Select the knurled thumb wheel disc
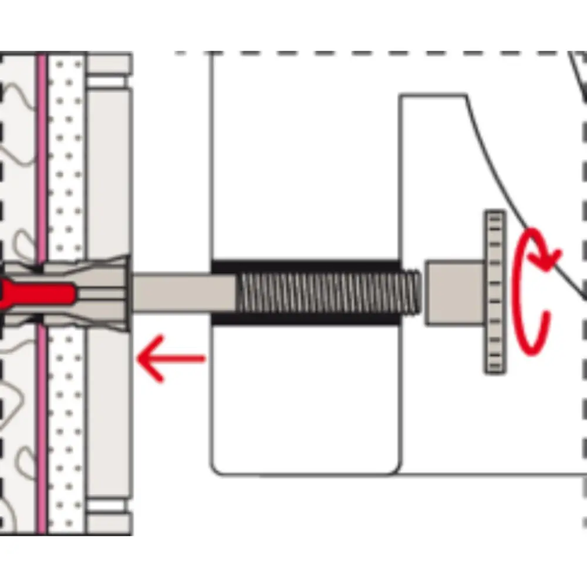tap(494, 292)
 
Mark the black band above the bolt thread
tap(305, 266)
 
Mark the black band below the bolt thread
tap(305, 320)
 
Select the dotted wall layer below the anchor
tap(66, 423)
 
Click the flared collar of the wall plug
tap(117, 292)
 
